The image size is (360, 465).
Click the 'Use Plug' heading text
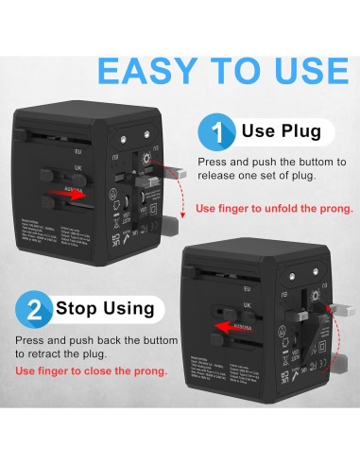[x=282, y=130]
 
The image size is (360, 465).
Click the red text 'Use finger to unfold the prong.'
[x=274, y=208]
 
